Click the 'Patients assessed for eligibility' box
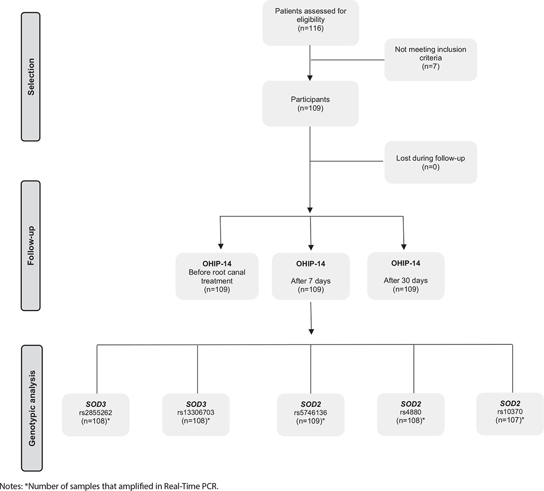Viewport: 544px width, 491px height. coord(310,23)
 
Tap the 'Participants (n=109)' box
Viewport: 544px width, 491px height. coord(310,103)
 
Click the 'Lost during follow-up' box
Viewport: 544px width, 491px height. coord(430,162)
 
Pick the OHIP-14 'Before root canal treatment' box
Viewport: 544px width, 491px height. coord(217,276)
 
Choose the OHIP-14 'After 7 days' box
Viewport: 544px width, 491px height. coord(310,276)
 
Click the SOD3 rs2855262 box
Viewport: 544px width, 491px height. coord(95,414)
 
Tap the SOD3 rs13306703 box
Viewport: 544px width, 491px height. coord(196,414)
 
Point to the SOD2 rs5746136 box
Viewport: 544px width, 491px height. coord(310,414)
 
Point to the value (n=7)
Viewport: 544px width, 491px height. coord(430,68)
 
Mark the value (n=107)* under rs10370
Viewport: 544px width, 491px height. coord(510,420)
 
